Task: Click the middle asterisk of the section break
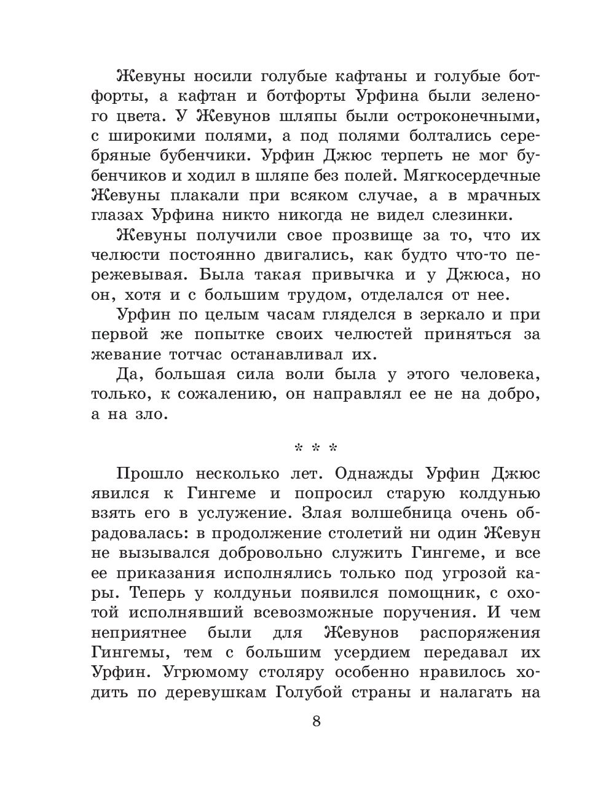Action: click(316, 448)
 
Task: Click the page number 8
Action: click(317, 721)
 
